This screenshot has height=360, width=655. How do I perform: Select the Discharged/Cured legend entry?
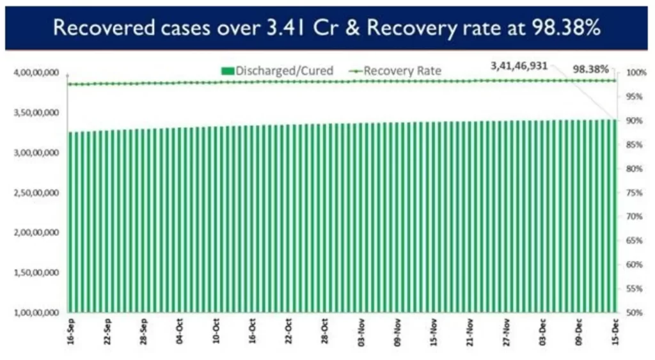(x=277, y=70)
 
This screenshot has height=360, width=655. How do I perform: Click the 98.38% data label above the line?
(x=591, y=69)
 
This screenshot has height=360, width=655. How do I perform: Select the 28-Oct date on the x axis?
(x=325, y=335)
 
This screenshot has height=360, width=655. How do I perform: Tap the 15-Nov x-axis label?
(x=434, y=335)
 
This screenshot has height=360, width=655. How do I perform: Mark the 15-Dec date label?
(x=615, y=335)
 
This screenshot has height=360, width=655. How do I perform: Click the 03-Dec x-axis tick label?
(x=542, y=335)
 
